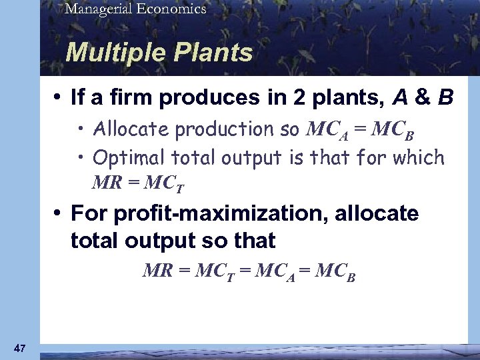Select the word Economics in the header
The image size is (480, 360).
169,9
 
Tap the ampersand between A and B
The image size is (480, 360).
422,99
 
